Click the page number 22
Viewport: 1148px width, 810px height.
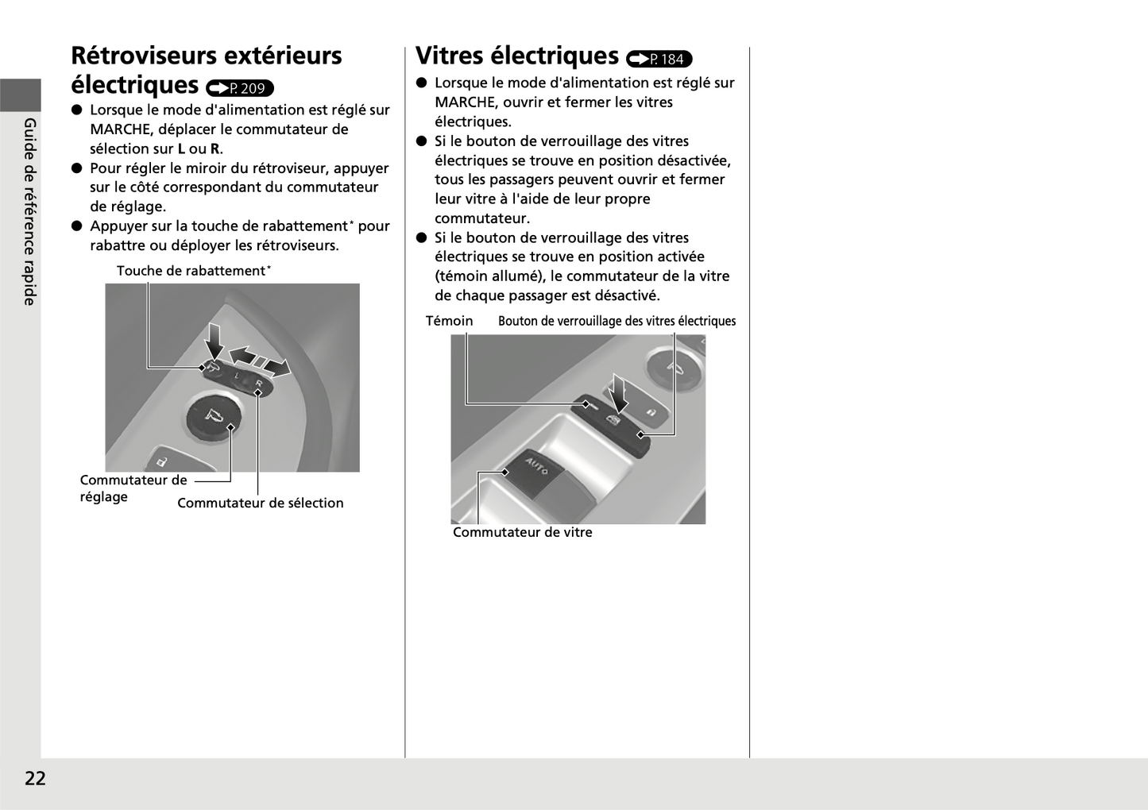pyautogui.click(x=35, y=778)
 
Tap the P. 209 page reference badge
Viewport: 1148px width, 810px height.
pyautogui.click(x=240, y=88)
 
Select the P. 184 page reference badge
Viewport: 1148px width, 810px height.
pyautogui.click(x=659, y=59)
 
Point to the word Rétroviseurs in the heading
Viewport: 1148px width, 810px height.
pyautogui.click(x=143, y=56)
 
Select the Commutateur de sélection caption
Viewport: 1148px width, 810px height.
pyautogui.click(x=260, y=503)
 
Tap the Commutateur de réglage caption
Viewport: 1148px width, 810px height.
pyautogui.click(x=133, y=488)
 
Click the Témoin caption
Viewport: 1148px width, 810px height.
pyautogui.click(x=449, y=321)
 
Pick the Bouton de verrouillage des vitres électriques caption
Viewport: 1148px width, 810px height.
pyautogui.click(x=617, y=321)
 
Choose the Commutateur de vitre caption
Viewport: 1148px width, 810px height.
pyautogui.click(x=522, y=532)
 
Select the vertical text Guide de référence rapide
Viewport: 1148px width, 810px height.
pyautogui.click(x=30, y=211)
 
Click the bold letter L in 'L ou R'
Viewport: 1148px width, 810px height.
pyautogui.click(x=181, y=148)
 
